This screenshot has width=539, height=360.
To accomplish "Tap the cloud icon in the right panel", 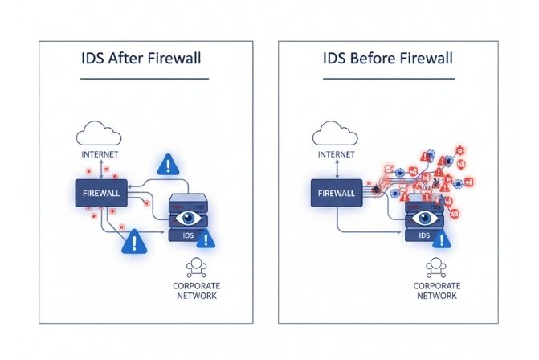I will tap(336, 133).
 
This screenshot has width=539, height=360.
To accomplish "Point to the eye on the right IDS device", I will tap(425, 217).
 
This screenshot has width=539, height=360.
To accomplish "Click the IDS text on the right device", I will tap(424, 235).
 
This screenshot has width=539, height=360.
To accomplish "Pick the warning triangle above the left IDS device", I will tap(168, 166).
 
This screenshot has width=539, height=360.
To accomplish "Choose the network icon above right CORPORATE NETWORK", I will tap(435, 267).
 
